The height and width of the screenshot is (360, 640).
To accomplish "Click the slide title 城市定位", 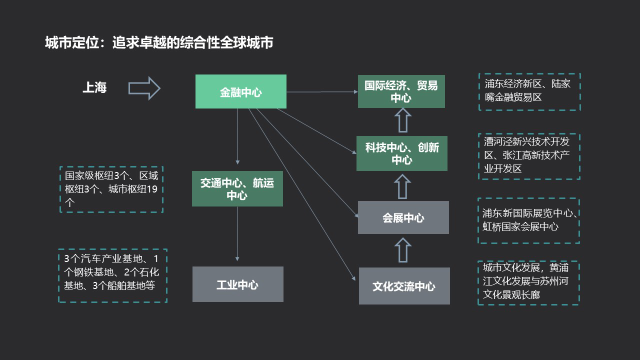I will point(158,43).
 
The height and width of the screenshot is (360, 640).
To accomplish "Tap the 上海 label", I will point(94,88).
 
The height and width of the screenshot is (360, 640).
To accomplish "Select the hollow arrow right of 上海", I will point(144,88).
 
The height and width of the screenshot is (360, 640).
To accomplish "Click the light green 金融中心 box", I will point(240,91).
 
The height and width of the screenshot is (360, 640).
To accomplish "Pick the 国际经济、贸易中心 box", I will point(401,91).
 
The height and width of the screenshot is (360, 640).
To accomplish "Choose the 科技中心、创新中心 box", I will point(401,153).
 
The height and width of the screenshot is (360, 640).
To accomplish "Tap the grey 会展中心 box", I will point(403,217).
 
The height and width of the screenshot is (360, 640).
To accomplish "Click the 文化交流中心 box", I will point(404,286).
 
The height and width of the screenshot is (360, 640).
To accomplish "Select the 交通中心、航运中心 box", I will point(237,189).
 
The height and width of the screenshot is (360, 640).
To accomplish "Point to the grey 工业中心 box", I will point(237,284).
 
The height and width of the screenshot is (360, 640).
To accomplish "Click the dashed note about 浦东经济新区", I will point(529,92).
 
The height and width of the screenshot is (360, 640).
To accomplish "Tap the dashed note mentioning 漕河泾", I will point(529,156).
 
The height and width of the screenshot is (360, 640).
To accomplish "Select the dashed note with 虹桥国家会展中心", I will point(528,220).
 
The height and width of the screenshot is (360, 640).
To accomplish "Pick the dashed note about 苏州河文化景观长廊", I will point(528,282).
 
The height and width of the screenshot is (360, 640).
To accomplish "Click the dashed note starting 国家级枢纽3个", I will point(111,189).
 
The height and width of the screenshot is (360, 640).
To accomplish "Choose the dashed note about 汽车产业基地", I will point(112,275).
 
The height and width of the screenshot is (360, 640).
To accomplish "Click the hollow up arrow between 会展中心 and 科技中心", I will point(402,186).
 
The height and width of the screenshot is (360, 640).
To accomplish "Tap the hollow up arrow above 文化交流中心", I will point(402,250).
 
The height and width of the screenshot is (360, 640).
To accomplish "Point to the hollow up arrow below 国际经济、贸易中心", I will point(402,121).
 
